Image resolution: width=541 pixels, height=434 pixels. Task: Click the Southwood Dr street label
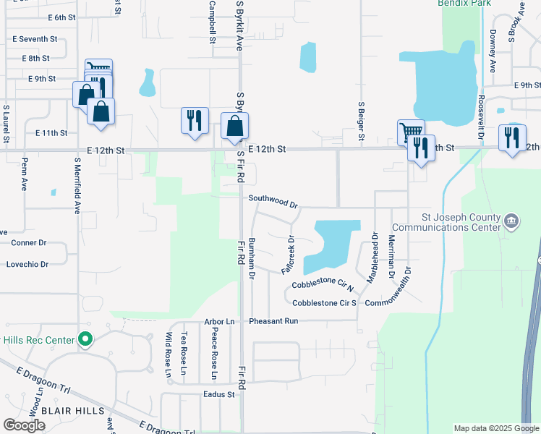[x=273, y=197]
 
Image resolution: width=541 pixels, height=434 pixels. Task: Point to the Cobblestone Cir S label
[x=325, y=302]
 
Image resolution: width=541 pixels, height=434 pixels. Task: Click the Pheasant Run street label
[x=273, y=320]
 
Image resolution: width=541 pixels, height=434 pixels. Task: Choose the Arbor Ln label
[x=220, y=320]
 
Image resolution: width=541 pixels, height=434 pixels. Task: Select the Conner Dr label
[x=28, y=243]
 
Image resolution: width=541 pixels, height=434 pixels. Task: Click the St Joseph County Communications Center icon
[x=511, y=220]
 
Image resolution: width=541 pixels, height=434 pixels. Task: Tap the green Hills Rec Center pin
[x=85, y=339]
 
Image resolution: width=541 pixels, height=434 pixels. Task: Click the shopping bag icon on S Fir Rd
[x=234, y=126]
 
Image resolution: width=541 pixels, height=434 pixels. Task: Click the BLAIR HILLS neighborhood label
[x=73, y=411]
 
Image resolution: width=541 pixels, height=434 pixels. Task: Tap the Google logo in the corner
[x=24, y=425]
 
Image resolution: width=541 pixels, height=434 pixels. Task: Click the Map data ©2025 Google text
[x=496, y=428]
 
